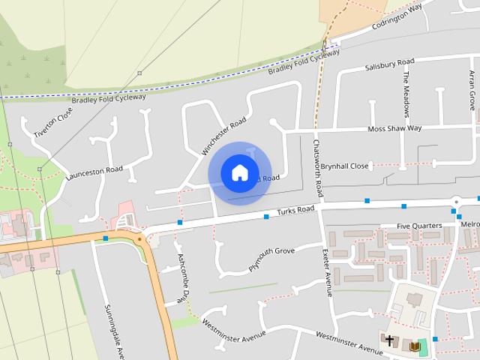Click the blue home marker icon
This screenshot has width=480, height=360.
[239, 173]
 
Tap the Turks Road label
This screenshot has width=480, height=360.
[295, 211]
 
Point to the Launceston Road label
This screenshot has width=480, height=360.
[94, 173]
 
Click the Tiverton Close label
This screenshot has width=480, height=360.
[53, 122]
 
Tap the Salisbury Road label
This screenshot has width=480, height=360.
[389, 64]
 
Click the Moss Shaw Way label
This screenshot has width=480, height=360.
[394, 128]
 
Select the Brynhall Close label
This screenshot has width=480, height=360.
[344, 166]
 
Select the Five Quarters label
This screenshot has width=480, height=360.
[419, 225]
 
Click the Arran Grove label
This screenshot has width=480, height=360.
[472, 90]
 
